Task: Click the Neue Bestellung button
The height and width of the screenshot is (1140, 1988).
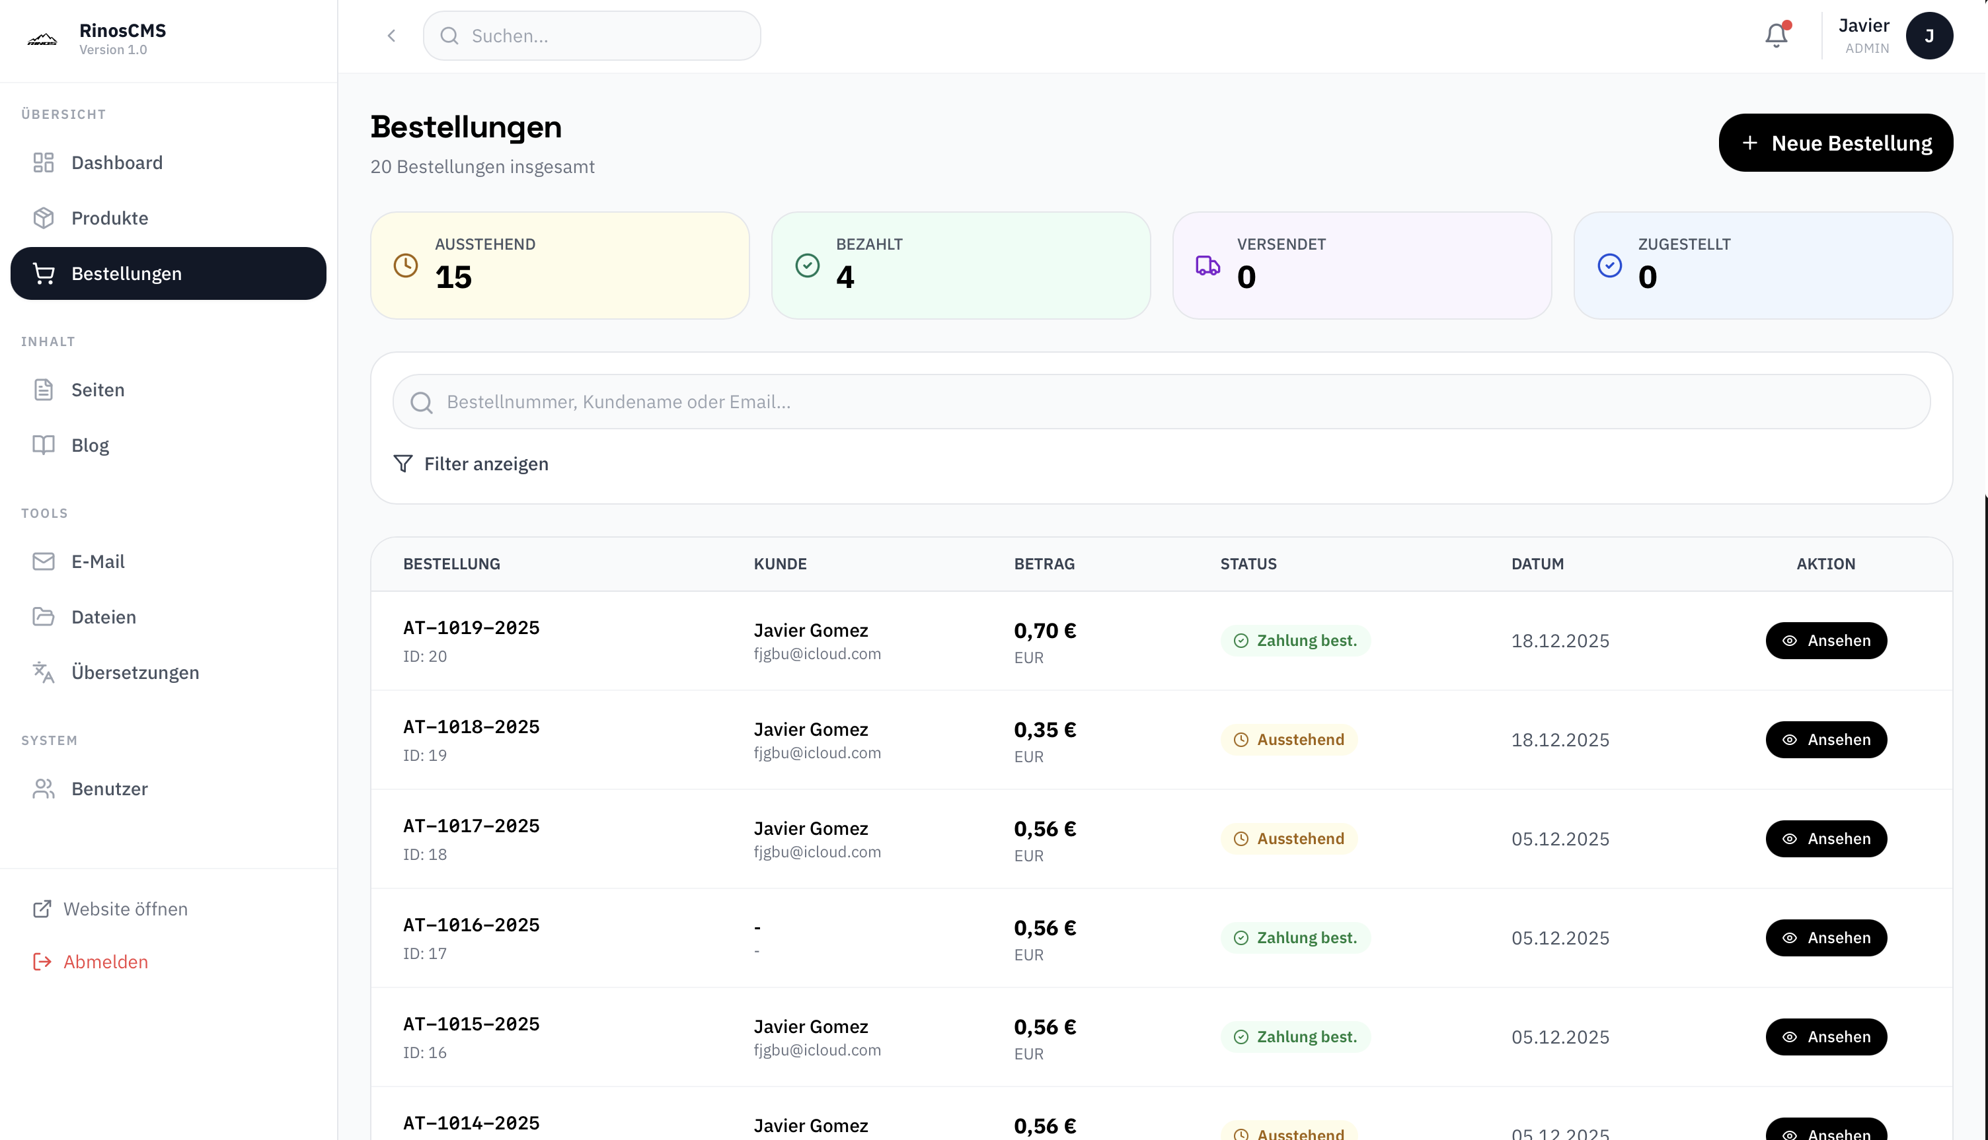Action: (x=1835, y=143)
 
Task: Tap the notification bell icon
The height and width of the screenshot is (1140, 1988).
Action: (x=1777, y=35)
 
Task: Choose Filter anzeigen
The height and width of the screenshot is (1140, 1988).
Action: (x=471, y=464)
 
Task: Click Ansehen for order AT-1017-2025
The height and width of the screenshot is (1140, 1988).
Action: (x=1826, y=839)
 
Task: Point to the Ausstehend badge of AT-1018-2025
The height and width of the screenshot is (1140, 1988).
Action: (x=1289, y=739)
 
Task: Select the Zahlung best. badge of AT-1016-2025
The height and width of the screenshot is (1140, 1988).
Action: (x=1295, y=937)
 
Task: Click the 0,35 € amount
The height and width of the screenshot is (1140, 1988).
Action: (x=1045, y=729)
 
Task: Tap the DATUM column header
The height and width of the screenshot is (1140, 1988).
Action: (x=1537, y=564)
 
